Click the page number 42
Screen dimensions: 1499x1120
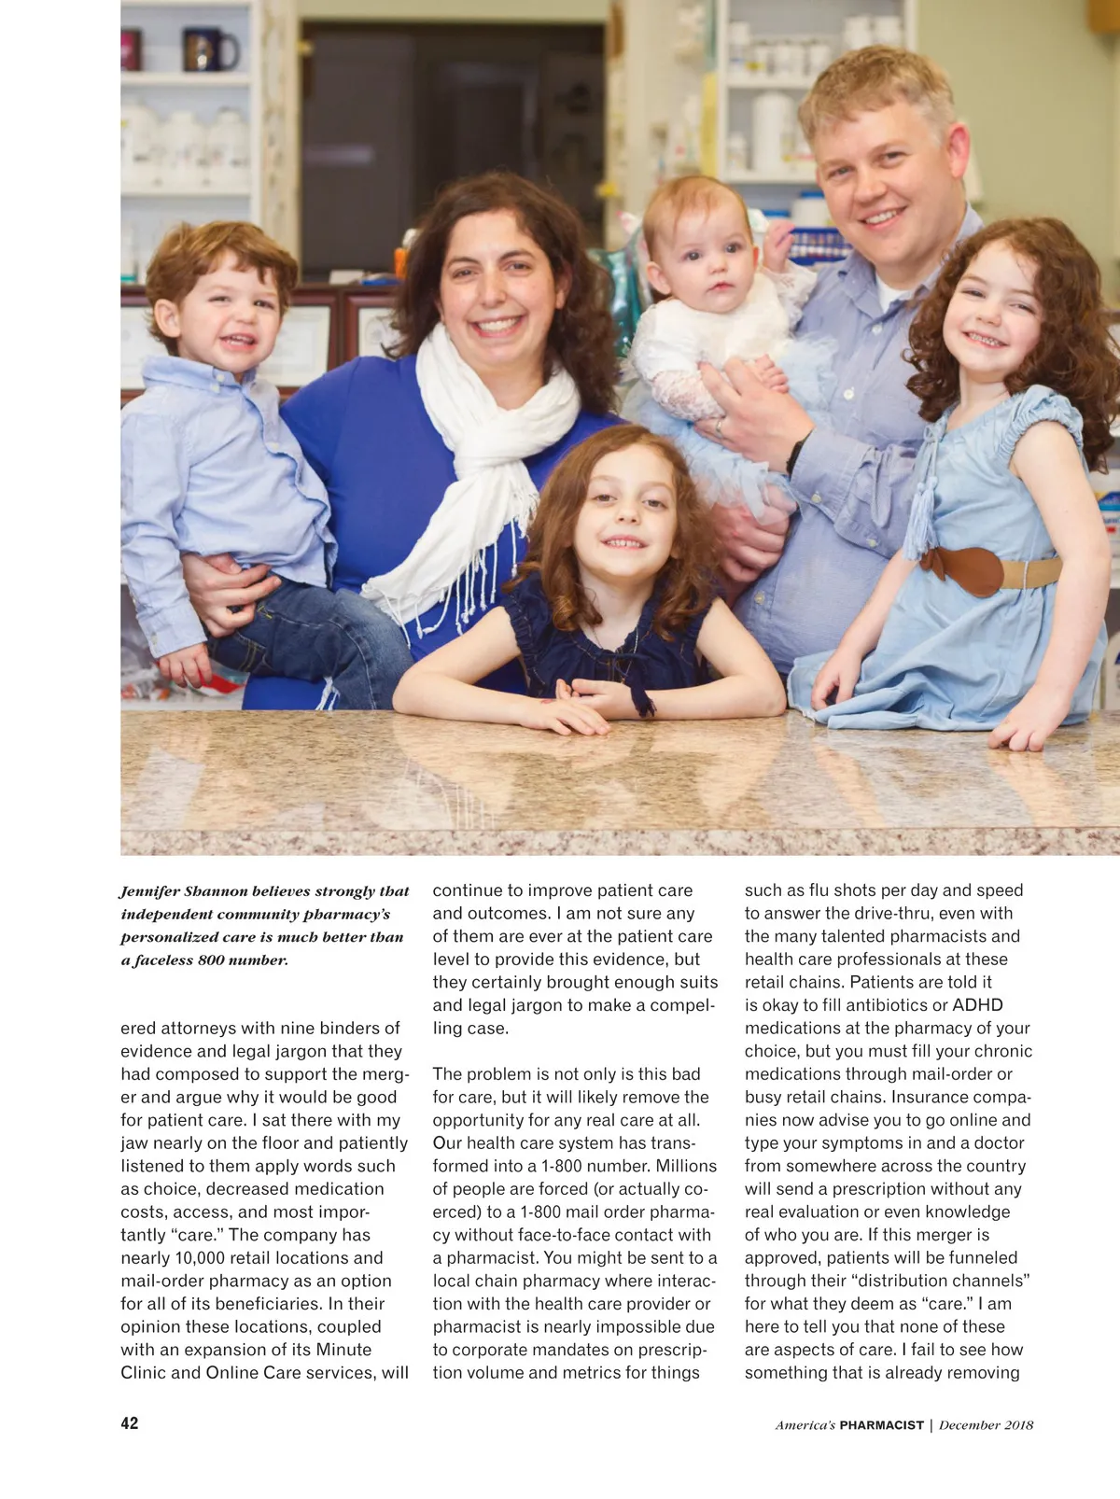click(130, 1423)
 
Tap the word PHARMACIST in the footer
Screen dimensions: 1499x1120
click(881, 1425)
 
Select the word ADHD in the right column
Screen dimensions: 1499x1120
click(977, 1005)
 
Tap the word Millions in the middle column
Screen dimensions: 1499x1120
click(686, 1166)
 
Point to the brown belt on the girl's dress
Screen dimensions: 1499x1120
click(975, 569)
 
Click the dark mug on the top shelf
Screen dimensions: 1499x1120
click(207, 49)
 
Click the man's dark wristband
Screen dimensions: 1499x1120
click(794, 454)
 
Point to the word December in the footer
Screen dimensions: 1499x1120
click(970, 1425)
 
